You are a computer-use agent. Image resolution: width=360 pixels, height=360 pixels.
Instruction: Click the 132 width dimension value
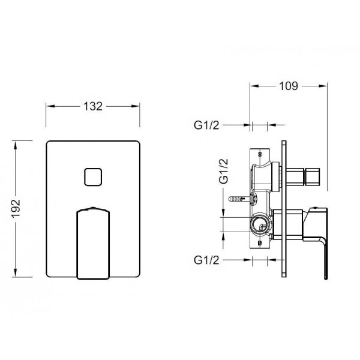pos(93,106)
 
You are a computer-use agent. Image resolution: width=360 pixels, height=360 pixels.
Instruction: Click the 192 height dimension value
pos(16,208)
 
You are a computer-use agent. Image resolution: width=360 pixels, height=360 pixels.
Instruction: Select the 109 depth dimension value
pos(289,86)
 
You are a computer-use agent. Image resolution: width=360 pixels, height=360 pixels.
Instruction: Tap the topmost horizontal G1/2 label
pos(206,125)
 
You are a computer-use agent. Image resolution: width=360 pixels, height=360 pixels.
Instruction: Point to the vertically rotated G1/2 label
pos(223,171)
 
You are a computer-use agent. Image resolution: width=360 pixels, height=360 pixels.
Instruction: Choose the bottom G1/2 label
pos(206,260)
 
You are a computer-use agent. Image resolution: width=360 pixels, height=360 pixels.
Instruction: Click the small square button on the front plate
pos(93,177)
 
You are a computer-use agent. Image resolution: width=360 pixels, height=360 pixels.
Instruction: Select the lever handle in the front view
pos(93,243)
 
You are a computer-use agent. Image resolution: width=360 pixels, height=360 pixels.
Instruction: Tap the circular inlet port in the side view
pos(260,224)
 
